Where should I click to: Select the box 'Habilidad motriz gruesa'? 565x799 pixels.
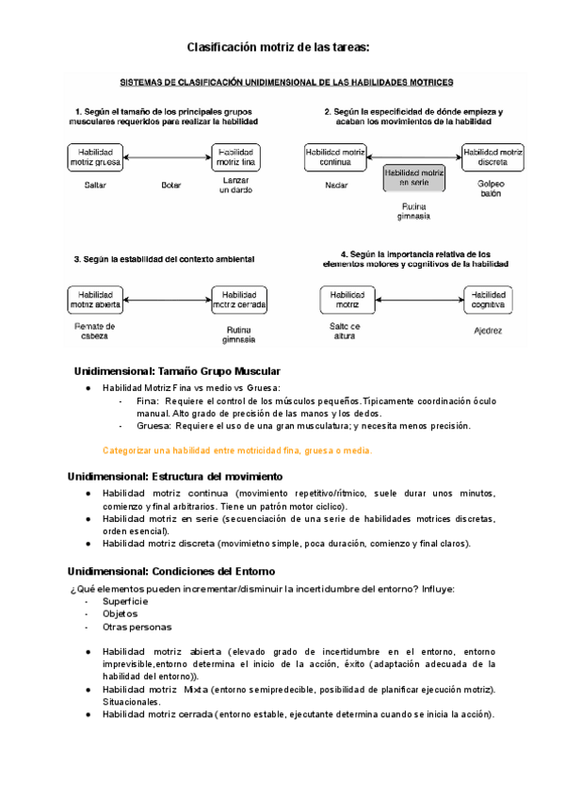click(94, 156)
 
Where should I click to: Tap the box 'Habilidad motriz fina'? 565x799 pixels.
click(236, 156)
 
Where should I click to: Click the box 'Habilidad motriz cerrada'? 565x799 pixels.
click(239, 300)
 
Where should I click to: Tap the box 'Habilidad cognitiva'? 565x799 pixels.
click(490, 300)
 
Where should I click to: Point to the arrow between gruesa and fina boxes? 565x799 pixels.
click(166, 156)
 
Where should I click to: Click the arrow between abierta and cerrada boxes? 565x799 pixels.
click(167, 300)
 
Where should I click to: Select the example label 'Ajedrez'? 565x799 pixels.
click(489, 331)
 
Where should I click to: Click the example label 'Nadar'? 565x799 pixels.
click(336, 186)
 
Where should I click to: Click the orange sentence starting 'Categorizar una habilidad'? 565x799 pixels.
click(236, 449)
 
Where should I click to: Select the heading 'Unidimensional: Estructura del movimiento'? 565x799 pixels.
click(182, 475)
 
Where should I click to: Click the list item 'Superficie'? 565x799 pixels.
click(125, 600)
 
